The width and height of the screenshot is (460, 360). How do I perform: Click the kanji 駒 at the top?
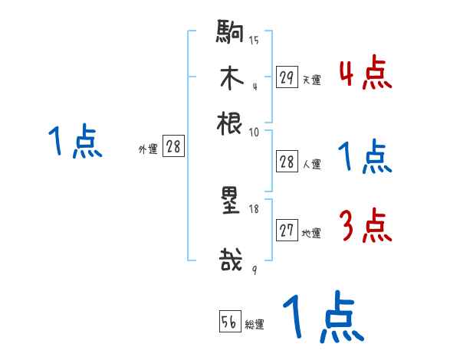click(231, 34)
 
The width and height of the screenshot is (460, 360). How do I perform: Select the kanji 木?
click(231, 78)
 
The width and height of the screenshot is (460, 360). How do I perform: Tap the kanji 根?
click(230, 122)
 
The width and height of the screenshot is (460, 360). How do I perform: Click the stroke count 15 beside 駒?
click(254, 41)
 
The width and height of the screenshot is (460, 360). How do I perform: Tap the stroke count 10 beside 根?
click(254, 132)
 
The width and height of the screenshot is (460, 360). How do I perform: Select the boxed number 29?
click(287, 77)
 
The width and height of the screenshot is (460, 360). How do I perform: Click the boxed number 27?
click(287, 231)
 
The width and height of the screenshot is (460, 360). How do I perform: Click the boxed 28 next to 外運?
click(172, 146)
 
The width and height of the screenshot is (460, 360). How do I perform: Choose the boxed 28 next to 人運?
click(287, 162)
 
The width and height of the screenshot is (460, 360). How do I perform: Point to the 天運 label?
click(310, 80)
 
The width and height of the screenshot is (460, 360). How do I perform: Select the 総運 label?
click(254, 324)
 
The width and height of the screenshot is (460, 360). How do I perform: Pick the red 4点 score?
click(365, 74)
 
